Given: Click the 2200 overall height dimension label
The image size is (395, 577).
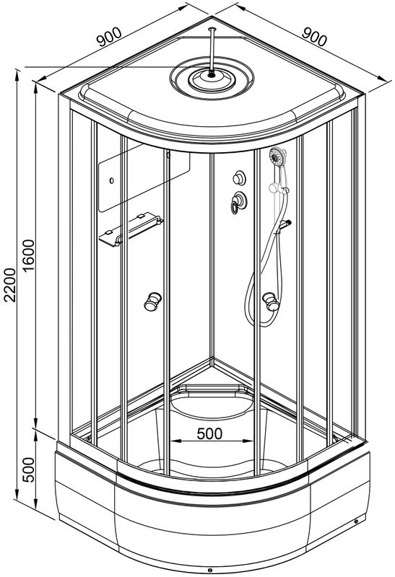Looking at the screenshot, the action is point(10,285).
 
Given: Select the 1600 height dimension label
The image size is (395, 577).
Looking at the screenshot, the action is point(28,255).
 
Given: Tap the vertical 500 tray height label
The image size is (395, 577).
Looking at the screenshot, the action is point(28,470).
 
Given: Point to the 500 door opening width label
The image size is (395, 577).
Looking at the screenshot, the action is point(209,433).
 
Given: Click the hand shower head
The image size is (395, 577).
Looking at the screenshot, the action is point(277,157).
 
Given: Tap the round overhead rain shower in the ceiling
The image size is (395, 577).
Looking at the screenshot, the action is point(212,78).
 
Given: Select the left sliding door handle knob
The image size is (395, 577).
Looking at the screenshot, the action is point(152,301).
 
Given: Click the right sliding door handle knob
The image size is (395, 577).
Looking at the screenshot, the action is point(271,301).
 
